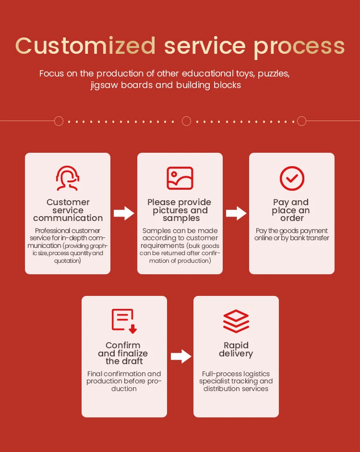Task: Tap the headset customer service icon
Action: (x=68, y=178)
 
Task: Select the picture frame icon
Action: (x=180, y=178)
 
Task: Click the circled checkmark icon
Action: (x=292, y=178)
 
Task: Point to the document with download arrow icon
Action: (x=124, y=321)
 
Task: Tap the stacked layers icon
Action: (x=236, y=321)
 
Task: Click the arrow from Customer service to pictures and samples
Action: (x=124, y=214)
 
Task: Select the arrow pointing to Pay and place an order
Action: (x=236, y=214)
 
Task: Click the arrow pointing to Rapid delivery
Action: (x=180, y=356)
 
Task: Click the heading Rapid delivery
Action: (x=236, y=349)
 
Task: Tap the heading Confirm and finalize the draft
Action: (x=123, y=353)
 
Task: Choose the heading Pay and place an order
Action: (x=291, y=210)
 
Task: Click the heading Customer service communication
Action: (x=68, y=210)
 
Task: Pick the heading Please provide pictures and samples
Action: (x=180, y=210)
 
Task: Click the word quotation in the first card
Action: (x=68, y=261)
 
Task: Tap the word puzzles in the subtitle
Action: (x=274, y=74)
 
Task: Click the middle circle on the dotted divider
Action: (x=186, y=121)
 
